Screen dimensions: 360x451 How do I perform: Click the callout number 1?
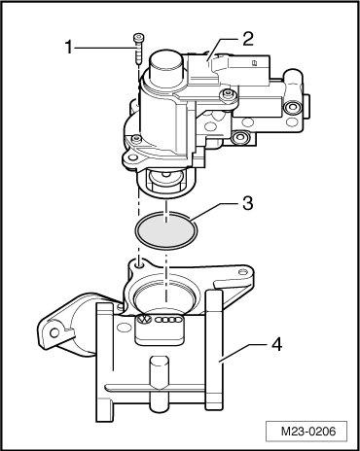tap(69, 48)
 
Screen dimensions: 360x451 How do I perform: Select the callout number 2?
tap(247, 39)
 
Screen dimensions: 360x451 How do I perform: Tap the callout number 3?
tap(247, 203)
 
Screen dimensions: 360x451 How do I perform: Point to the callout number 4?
tap(276, 344)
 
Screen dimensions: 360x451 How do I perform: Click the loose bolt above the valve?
tap(138, 49)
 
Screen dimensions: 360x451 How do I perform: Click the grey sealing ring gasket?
tap(166, 230)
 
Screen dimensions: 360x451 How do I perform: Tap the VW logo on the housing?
tap(144, 320)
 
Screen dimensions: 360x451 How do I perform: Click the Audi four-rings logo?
tap(168, 320)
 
